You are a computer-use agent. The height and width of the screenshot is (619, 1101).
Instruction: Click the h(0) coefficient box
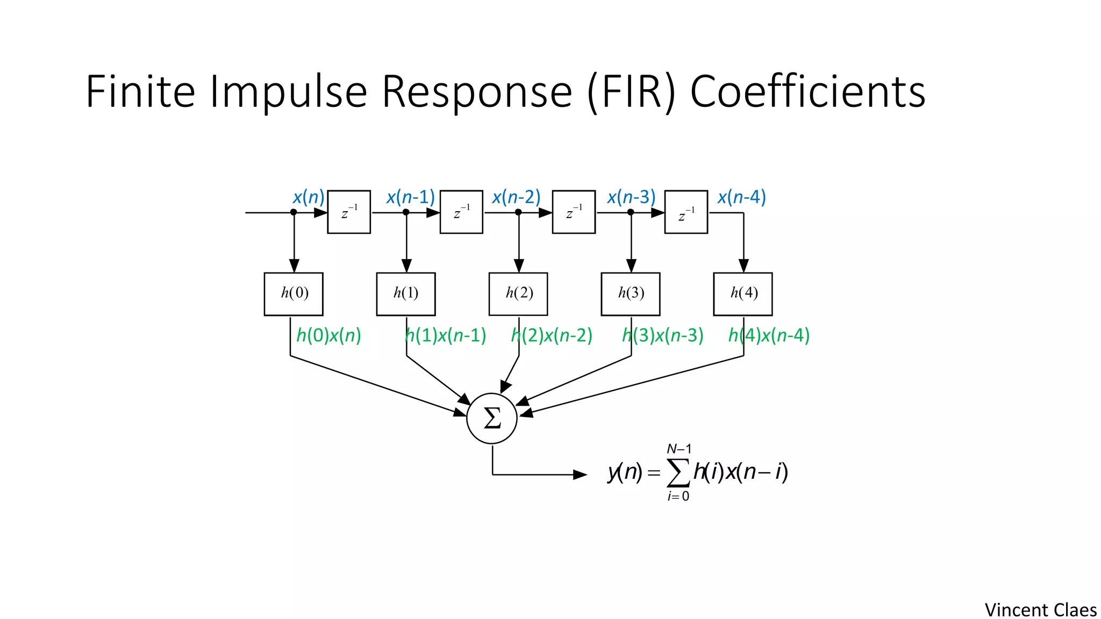click(294, 294)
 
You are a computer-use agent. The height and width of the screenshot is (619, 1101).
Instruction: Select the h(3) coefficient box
click(631, 294)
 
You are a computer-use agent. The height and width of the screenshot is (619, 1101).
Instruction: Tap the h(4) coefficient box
click(743, 294)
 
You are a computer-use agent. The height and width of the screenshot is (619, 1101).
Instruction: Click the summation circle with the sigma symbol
click(492, 418)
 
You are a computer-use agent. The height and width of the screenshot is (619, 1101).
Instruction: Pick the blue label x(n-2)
click(516, 197)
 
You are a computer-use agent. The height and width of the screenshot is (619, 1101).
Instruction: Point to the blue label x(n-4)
click(741, 197)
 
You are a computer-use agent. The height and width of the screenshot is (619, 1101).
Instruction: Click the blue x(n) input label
click(309, 197)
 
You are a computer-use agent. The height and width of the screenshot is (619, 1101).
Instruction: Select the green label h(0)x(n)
click(328, 336)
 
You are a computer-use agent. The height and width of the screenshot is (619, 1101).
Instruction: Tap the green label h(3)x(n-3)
click(663, 336)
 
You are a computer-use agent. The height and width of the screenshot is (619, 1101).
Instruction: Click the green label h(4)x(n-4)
click(769, 336)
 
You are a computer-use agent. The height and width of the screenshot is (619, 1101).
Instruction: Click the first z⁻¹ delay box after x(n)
click(349, 212)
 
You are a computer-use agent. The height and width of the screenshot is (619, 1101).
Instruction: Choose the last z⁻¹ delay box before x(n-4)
click(686, 212)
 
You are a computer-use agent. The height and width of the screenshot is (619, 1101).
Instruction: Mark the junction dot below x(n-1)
click(406, 212)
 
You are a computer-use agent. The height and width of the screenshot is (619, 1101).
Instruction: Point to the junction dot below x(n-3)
click(631, 212)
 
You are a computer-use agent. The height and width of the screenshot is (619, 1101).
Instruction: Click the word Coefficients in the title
click(807, 92)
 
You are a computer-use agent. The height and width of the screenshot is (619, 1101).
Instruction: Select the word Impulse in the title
click(288, 92)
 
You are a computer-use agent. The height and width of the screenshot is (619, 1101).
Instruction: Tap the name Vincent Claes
click(1040, 610)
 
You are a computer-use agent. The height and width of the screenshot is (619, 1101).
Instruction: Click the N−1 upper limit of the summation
click(679, 449)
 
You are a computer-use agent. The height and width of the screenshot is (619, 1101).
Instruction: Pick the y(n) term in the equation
click(625, 472)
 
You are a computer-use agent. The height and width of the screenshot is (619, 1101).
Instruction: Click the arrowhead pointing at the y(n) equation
click(580, 474)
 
